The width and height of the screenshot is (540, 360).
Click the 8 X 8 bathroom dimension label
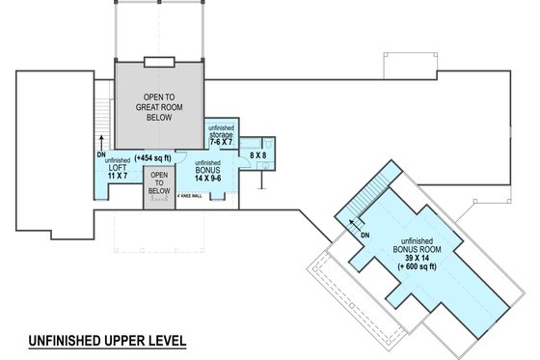pos(258,153)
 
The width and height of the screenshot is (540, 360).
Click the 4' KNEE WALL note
pos(190,195)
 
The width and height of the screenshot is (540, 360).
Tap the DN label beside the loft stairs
pos(100,153)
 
